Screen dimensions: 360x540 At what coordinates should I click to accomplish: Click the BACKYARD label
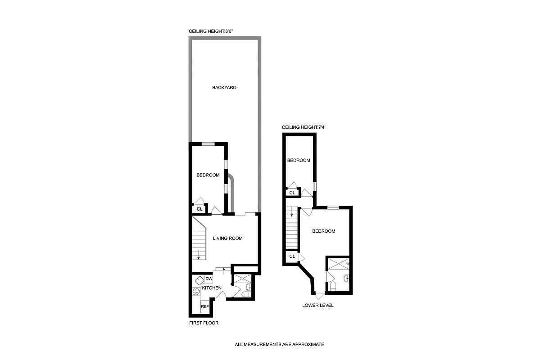coord(224,87)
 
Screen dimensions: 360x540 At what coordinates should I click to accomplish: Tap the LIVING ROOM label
coord(227,238)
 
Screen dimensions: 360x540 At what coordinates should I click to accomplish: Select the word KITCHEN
coord(211,288)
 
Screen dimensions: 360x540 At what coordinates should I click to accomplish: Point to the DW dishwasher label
coord(209,279)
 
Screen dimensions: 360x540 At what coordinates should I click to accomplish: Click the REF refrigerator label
coord(205,306)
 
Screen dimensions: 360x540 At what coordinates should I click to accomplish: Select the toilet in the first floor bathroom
coord(245,294)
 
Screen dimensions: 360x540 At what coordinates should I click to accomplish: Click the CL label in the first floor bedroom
coord(199,209)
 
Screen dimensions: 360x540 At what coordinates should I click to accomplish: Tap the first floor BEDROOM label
coord(208,175)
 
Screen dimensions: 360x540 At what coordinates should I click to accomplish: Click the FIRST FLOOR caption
coord(204,323)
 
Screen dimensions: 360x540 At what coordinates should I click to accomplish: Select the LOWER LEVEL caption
coord(318,305)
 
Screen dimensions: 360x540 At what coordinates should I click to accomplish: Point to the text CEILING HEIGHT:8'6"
coord(211,31)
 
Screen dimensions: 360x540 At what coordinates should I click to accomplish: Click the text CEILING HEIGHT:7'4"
coord(304,127)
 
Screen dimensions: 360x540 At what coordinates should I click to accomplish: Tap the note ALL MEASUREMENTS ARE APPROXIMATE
coord(279,345)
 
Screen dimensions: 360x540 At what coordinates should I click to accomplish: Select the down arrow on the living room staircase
coord(198,257)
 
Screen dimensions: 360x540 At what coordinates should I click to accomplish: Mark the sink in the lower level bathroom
coord(345,278)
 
